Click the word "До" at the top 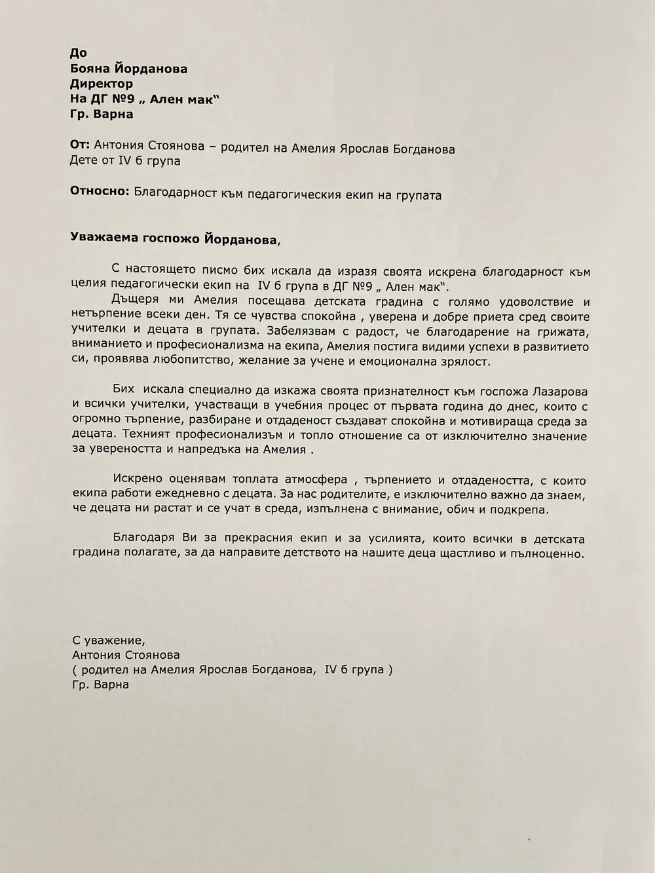pyautogui.click(x=78, y=53)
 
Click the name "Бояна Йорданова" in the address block pyautogui.click(x=128, y=69)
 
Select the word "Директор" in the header pyautogui.click(x=101, y=84)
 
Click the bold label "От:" pyautogui.click(x=79, y=145)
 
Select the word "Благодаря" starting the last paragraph pyautogui.click(x=143, y=539)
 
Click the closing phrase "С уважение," pyautogui.click(x=105, y=640)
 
